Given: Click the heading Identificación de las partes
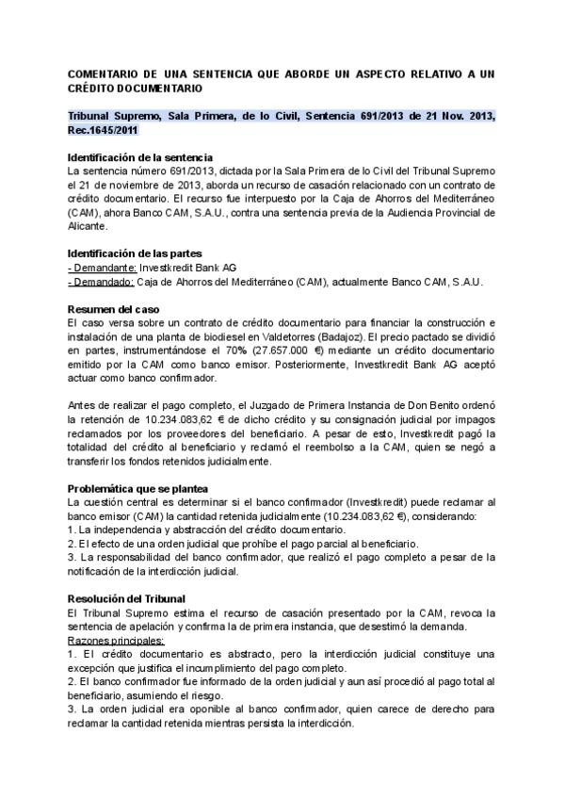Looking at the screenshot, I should click(134, 254).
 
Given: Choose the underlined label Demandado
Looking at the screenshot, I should click(102, 282).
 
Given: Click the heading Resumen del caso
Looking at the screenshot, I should click(114, 309).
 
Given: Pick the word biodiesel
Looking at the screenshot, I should click(216, 337).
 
